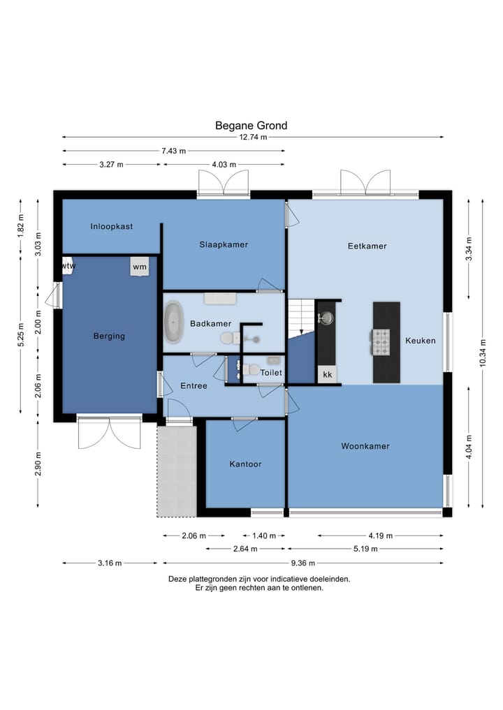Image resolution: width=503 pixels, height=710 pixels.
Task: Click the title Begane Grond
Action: point(251,126)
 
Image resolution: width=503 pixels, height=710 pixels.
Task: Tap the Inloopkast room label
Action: point(112,226)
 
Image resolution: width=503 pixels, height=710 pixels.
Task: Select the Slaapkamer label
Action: point(224,244)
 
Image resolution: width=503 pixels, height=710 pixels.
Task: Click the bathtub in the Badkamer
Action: point(173,322)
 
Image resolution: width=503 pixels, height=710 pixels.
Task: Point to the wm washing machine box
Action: point(140,266)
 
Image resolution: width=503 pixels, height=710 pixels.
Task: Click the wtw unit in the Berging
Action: point(68,266)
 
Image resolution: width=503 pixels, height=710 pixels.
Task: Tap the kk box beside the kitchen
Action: point(327,374)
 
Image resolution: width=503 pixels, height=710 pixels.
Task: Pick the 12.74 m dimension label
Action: point(253,138)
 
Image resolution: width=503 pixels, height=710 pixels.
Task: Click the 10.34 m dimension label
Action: point(482,353)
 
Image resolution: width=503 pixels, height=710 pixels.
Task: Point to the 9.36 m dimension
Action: point(302,563)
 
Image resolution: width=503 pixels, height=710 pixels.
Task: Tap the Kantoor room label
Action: point(245,464)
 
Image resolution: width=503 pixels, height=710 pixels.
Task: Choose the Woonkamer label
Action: point(365,447)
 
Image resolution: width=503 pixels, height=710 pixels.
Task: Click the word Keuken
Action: point(421,341)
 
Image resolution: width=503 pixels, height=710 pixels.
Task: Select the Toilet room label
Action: point(271,373)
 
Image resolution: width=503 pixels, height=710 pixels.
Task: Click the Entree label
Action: point(194,386)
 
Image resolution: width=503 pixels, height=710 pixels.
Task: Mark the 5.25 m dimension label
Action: point(20,335)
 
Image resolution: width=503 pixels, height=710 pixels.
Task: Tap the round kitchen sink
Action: point(326,318)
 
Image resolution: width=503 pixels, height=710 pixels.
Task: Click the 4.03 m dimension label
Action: point(224,164)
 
